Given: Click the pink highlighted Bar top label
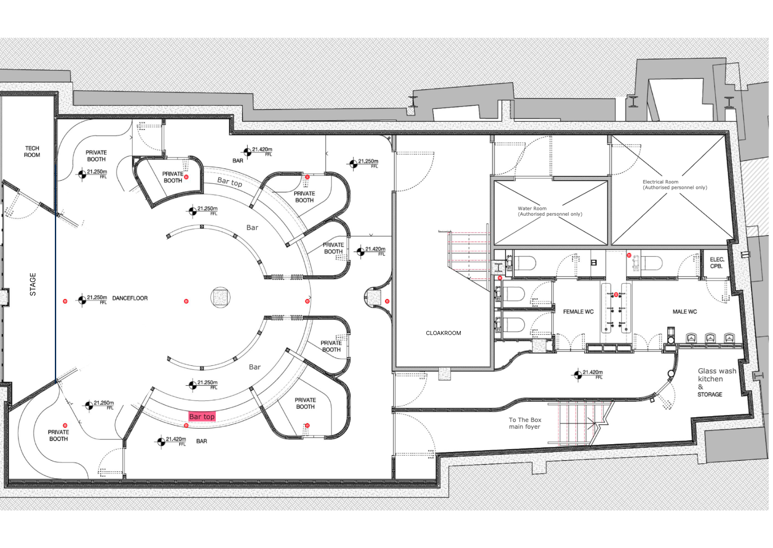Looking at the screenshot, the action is tap(202, 416).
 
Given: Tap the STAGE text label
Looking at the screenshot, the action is tap(33, 284).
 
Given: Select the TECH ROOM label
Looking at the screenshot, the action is tap(32, 152).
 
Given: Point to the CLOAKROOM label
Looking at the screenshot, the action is tap(443, 333).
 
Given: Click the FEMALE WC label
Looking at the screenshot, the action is tap(578, 312).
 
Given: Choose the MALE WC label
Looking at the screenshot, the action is tap(685, 312).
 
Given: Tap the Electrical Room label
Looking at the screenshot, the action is tap(675, 185).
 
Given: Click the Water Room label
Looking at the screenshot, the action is tap(550, 211).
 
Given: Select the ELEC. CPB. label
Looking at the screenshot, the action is tap(717, 263).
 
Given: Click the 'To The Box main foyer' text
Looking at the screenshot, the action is tap(525, 423).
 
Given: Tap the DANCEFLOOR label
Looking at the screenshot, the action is tap(130, 298).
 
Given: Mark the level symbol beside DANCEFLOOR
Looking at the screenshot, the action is tap(82, 301).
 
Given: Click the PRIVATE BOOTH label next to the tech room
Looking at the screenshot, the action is tap(96, 156).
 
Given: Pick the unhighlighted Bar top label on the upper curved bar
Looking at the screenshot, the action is tap(230, 182).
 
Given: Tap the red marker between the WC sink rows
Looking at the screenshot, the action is tap(616, 294).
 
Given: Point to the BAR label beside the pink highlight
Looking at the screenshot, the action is tap(202, 441).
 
